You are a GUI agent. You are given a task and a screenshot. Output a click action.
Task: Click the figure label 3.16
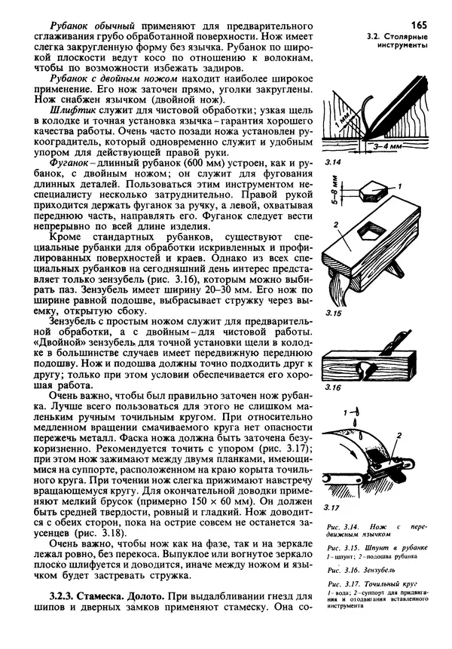[x=333, y=387]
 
